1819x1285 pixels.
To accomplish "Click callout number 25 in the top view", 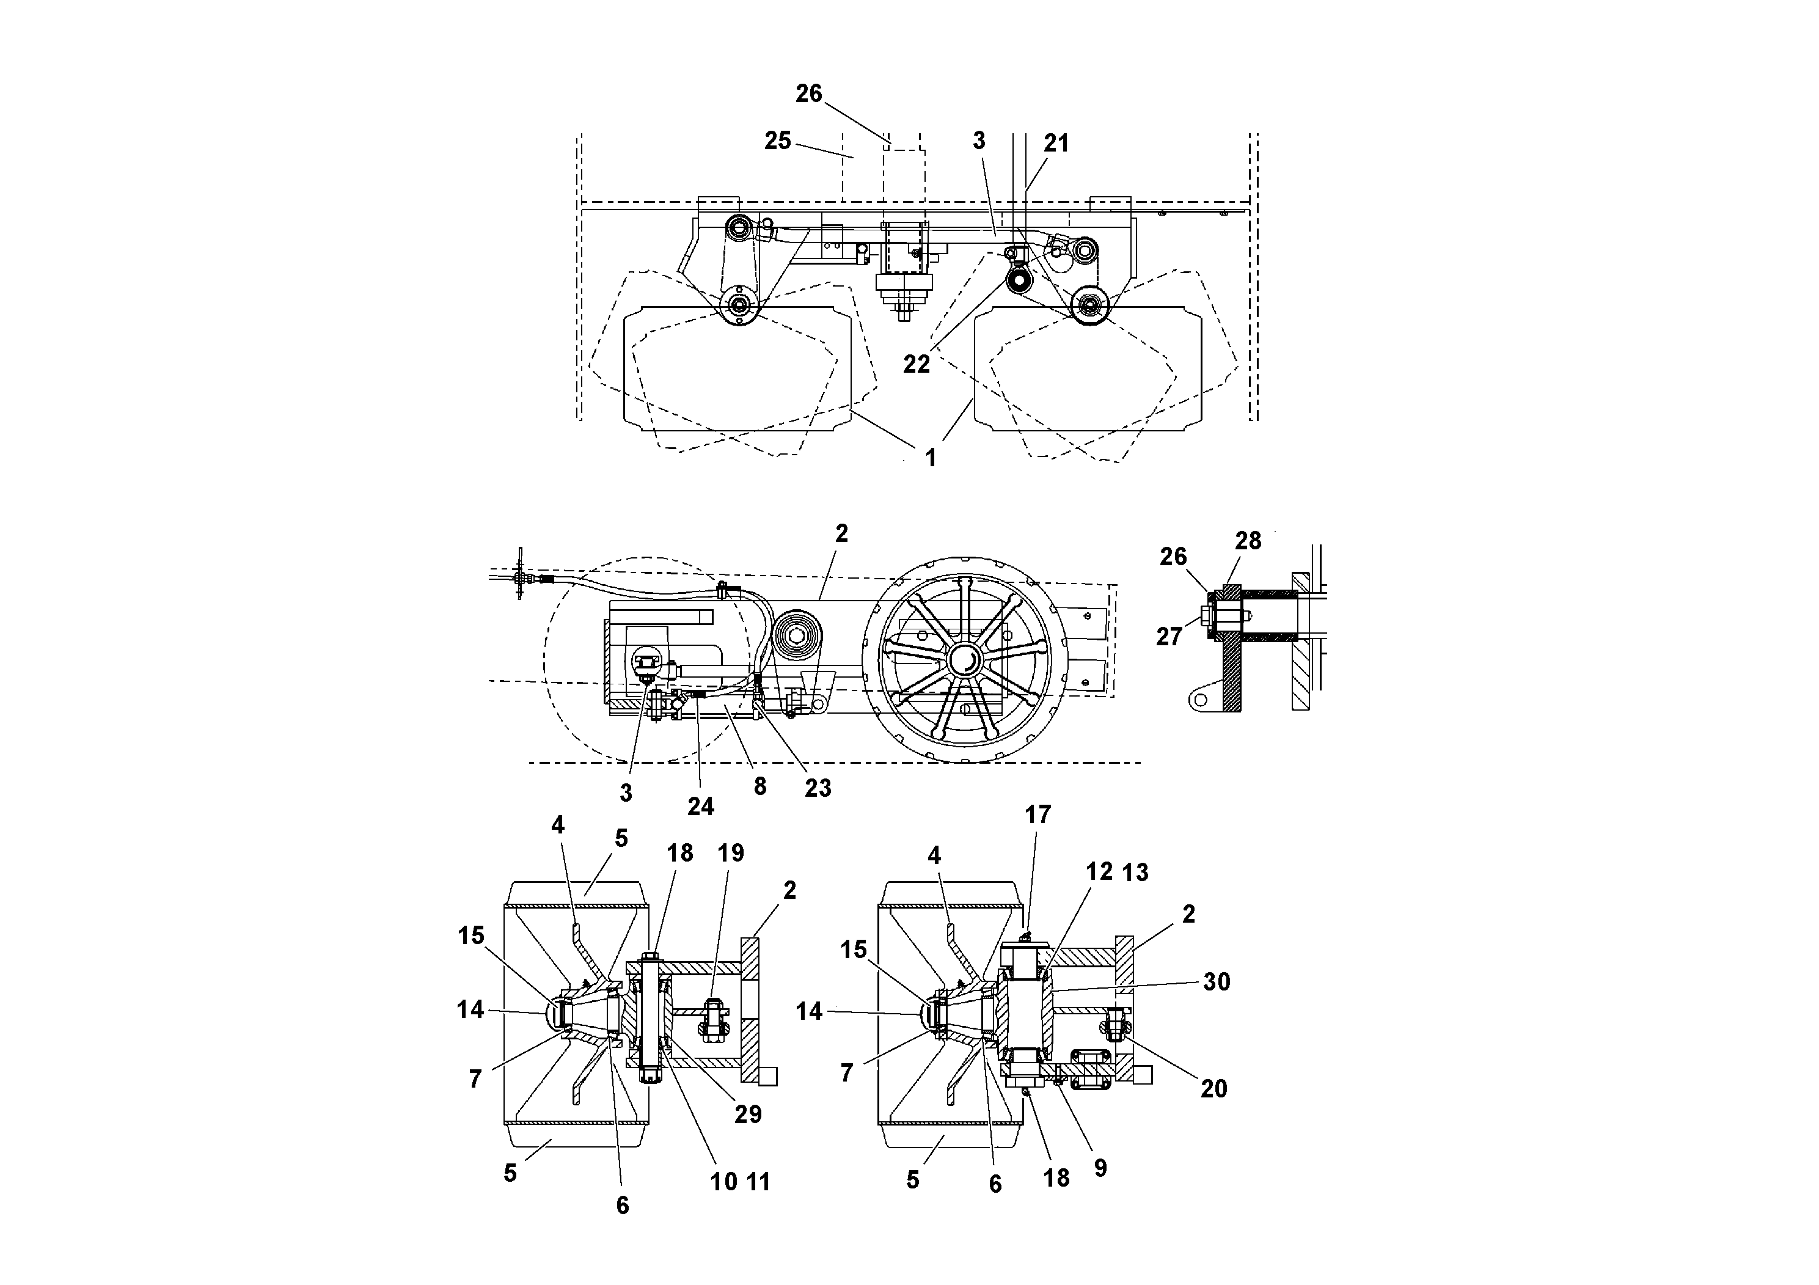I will click(x=777, y=141).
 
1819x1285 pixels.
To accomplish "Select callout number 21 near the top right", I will click(x=1056, y=144).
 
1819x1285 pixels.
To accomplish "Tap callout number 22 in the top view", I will click(x=916, y=364).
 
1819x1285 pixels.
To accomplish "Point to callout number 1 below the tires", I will click(x=931, y=457).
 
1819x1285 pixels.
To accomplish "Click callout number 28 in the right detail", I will click(x=1248, y=541).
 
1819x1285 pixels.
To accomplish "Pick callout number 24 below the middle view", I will click(x=700, y=807).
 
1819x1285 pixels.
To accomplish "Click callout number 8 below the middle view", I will click(x=759, y=786).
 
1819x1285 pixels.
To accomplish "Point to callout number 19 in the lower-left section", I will click(x=730, y=853).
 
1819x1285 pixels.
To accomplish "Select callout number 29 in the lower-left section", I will click(x=748, y=1115).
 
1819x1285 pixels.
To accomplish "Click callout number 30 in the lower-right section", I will click(x=1216, y=983).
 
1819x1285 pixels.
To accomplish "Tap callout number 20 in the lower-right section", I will click(x=1213, y=1088).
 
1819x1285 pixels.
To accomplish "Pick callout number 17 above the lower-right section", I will click(x=1038, y=815).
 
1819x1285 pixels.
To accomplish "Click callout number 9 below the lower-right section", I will click(x=1100, y=1167).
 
